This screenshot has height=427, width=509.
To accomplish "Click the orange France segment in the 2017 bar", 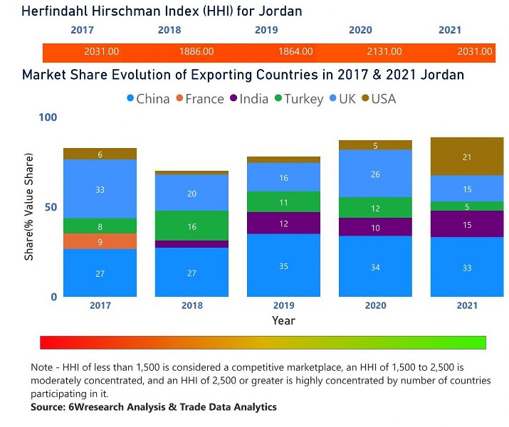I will [100, 241].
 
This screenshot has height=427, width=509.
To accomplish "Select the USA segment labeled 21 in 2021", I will [466, 157].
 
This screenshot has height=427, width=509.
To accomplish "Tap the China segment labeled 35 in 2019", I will [283, 265].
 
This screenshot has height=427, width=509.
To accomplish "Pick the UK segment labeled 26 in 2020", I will [375, 174].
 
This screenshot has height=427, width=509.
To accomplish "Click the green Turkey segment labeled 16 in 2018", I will [191, 226].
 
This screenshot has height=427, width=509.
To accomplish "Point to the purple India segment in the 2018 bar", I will [191, 244].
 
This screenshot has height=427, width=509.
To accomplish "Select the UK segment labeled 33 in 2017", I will [100, 189].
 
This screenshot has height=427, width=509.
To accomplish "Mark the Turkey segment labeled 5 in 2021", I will [466, 206].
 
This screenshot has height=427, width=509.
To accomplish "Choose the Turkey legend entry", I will [297, 99].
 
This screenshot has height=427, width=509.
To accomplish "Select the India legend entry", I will [250, 99].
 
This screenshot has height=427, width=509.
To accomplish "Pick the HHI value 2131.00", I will [384, 52].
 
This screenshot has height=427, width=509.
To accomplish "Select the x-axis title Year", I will [283, 321].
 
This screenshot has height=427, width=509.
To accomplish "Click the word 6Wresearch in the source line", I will [100, 407].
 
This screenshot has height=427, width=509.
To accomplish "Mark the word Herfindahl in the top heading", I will [56, 11].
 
